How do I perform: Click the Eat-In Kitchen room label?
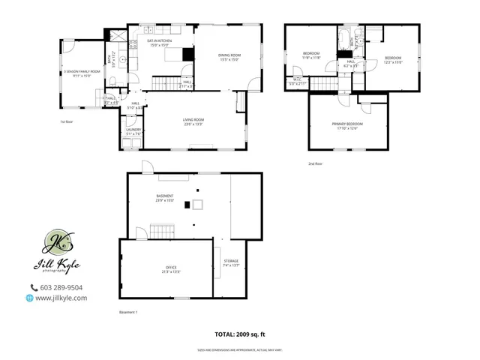(159, 44)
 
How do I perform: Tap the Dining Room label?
(229, 57)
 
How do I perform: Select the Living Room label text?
(193, 121)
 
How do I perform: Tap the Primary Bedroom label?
(347, 125)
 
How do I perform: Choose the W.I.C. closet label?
(297, 81)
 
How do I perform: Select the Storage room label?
(231, 262)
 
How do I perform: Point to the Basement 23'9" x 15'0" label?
(165, 198)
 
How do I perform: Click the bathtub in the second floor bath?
(343, 37)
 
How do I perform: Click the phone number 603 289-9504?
(60, 287)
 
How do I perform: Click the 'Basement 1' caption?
(129, 312)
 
